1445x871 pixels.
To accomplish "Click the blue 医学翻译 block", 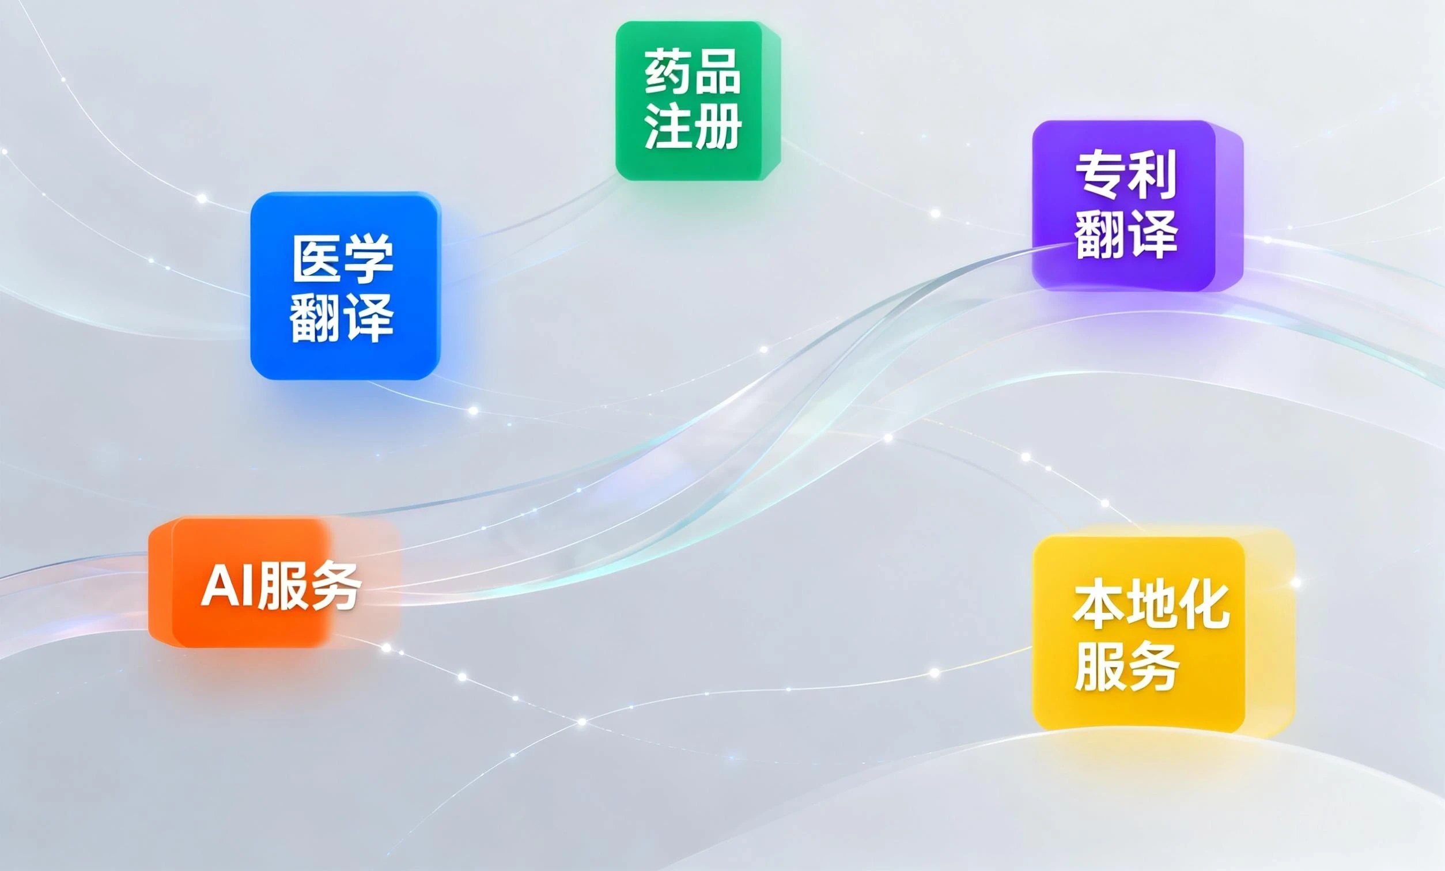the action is pyautogui.click(x=346, y=286).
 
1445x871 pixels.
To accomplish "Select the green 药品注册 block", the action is pyautogui.click(x=697, y=100).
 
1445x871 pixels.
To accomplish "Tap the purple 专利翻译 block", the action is pyautogui.click(x=1137, y=205).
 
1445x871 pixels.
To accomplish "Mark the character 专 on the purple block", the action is pyautogui.click(x=1100, y=175).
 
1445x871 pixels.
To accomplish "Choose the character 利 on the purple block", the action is pyautogui.click(x=1152, y=175).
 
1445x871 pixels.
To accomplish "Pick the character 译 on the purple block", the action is pyautogui.click(x=1152, y=233).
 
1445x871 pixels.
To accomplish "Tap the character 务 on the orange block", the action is pyautogui.click(x=334, y=585).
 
